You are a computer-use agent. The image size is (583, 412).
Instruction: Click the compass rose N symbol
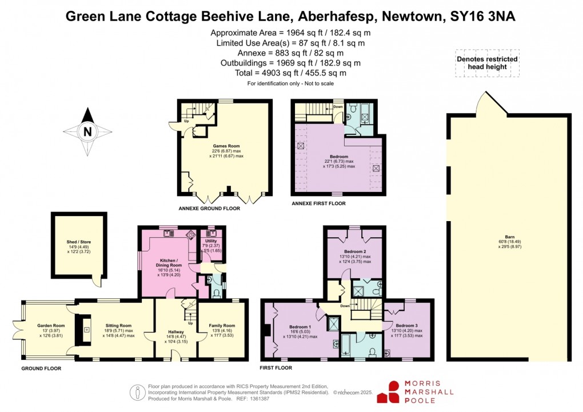pos(87,131)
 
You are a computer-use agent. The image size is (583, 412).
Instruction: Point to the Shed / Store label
pos(79,242)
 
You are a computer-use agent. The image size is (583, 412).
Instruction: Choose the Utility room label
pos(211,242)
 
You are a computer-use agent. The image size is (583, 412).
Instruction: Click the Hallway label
pos(175,331)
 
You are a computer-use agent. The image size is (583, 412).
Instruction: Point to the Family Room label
pos(223,326)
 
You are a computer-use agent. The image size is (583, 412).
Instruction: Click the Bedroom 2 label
pos(355,251)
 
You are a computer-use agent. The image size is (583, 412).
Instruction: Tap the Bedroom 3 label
pos(406,326)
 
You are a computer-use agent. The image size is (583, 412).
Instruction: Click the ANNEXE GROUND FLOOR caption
pos(209,209)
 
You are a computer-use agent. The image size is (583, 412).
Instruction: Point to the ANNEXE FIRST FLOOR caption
pos(318,203)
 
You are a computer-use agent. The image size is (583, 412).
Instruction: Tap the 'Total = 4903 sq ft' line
pos(290,73)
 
